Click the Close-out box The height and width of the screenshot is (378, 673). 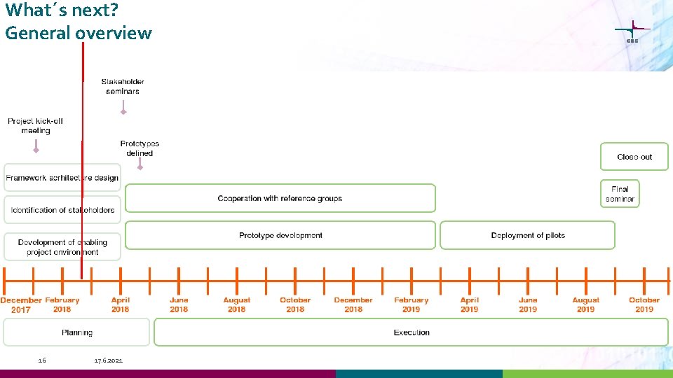pos(634,157)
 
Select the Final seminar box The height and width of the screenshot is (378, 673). pos(620,194)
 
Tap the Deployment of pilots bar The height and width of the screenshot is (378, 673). pos(527,235)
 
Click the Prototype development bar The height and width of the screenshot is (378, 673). pos(280,235)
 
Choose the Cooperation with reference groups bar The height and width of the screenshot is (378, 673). pos(280,198)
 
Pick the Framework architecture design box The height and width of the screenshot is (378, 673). pos(62,178)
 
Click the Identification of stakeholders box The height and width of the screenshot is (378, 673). pos(62,210)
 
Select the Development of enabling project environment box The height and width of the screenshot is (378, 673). pos(62,247)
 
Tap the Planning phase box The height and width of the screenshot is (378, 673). pos(76,332)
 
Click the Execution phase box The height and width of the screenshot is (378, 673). pos(412,332)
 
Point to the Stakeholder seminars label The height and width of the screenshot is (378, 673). pos(123,86)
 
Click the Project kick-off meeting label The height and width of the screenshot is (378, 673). pos(36,126)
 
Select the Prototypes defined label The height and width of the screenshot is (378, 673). pos(140,148)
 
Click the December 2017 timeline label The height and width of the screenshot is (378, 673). pos(21,304)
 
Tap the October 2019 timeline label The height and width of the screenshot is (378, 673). pos(644,304)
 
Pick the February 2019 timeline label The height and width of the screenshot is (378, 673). pos(411,304)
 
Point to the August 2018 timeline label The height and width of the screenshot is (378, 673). pos(236,304)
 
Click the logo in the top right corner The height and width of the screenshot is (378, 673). pos(632,32)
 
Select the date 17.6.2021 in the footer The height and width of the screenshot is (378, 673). pos(108,360)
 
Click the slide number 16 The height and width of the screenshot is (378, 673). pos(42,360)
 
